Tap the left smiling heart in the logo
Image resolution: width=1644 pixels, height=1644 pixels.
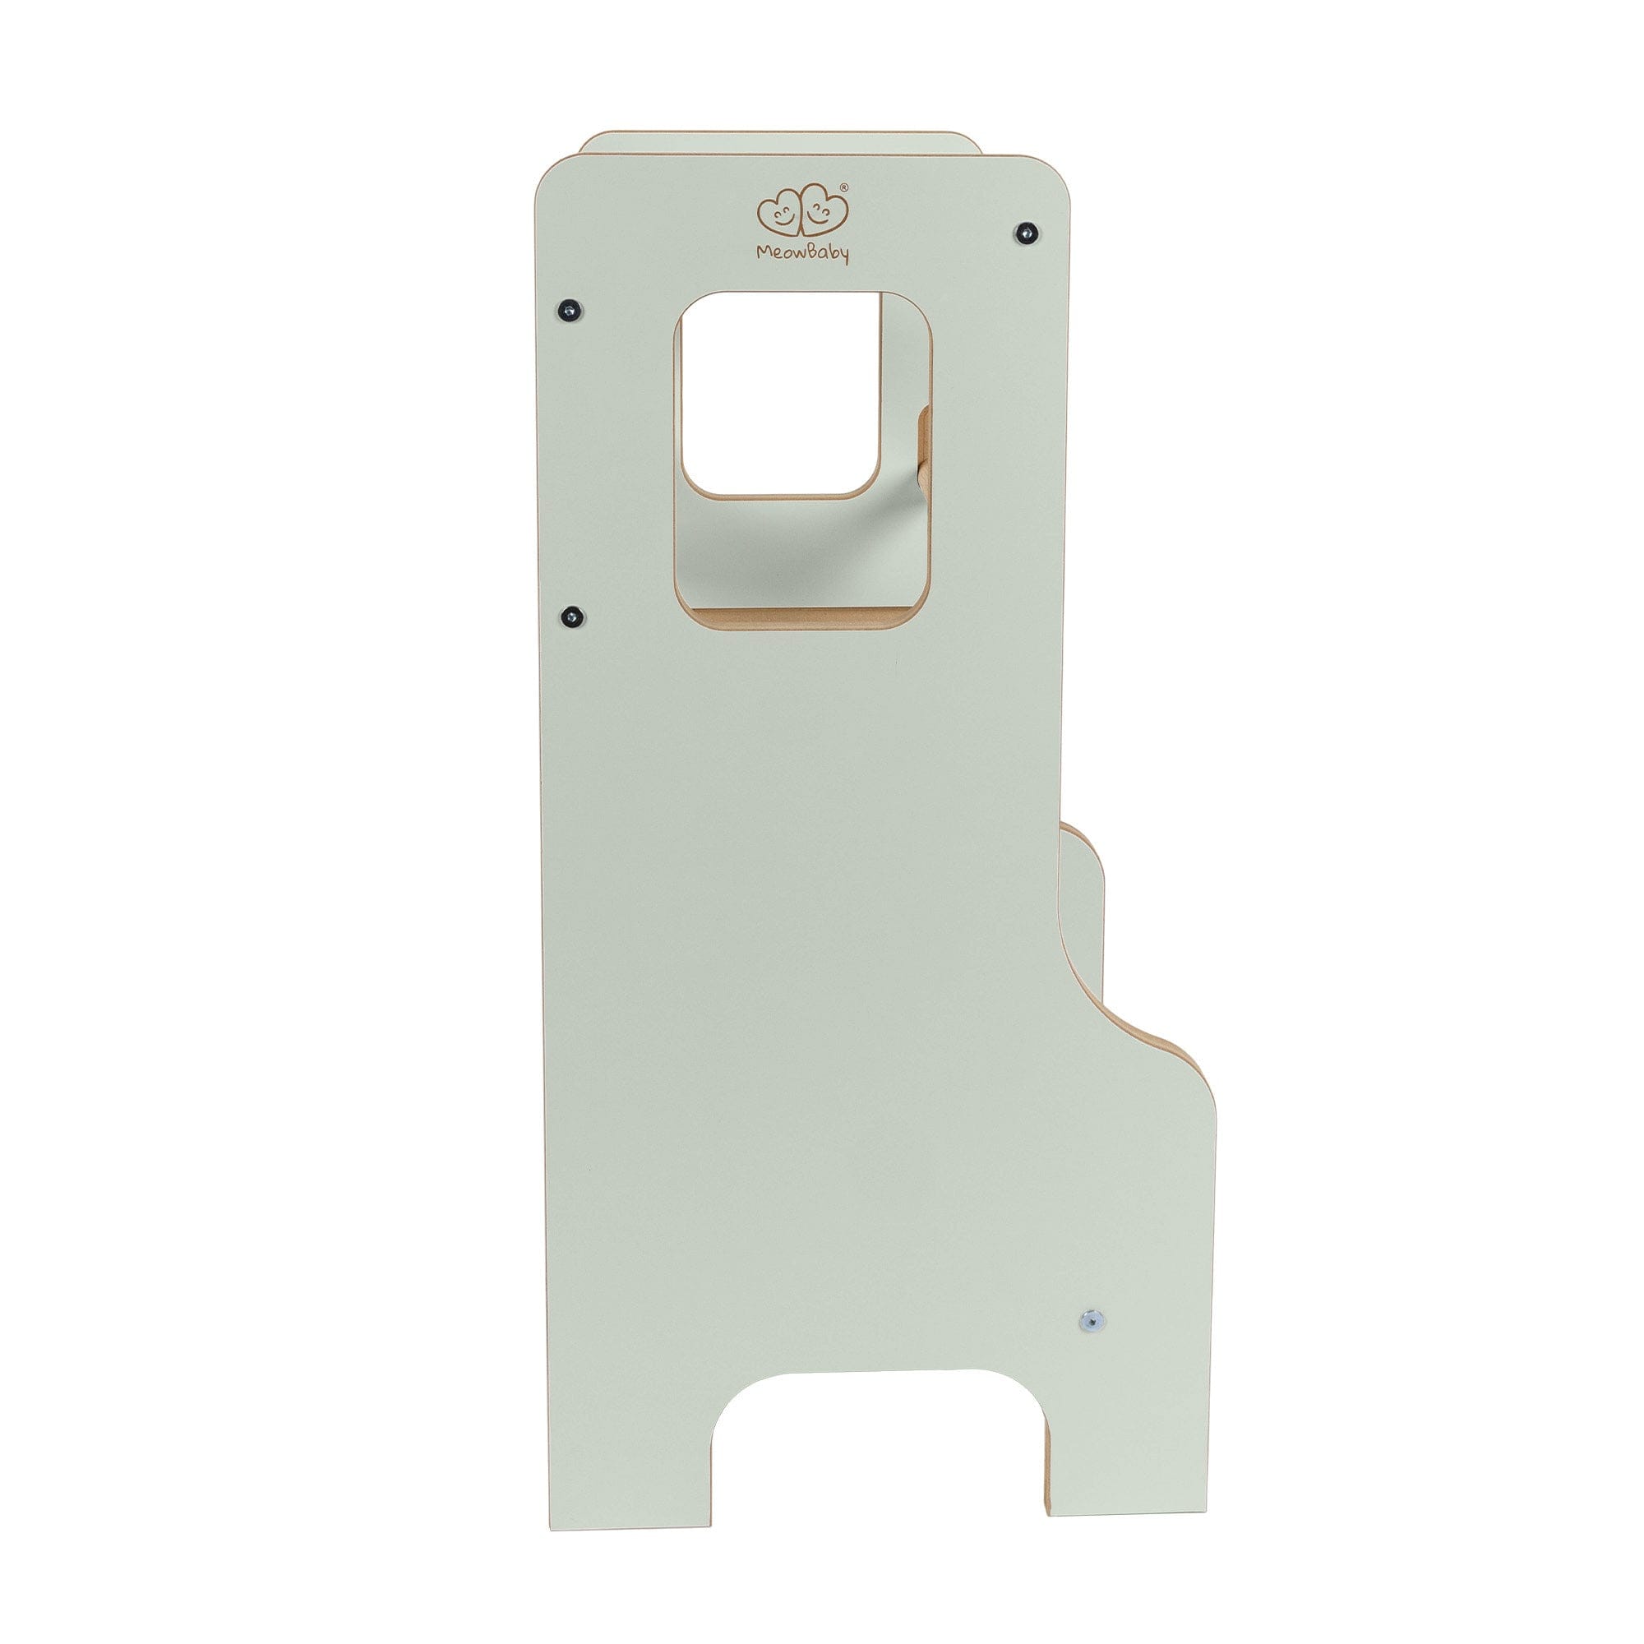[x=781, y=216]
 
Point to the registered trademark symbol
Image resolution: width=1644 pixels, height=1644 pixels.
[x=843, y=187]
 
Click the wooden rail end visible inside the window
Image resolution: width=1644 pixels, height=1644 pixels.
[x=922, y=459]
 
